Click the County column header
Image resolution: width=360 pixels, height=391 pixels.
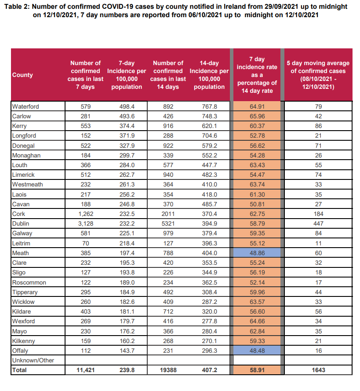click(x=22, y=75)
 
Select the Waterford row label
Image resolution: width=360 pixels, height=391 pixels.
click(x=25, y=106)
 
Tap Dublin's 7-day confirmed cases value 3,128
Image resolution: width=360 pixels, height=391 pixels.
click(x=85, y=223)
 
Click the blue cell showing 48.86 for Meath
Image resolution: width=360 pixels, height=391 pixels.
click(x=257, y=253)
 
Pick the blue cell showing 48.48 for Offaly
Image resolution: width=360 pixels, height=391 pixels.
click(x=257, y=351)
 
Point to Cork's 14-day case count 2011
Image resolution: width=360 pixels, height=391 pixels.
click(x=168, y=214)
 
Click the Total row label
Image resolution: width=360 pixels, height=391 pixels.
click(x=19, y=370)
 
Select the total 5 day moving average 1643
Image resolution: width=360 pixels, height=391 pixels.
click(x=318, y=370)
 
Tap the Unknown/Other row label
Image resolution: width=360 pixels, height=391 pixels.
click(x=33, y=360)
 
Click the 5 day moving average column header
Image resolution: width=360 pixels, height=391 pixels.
click(x=318, y=75)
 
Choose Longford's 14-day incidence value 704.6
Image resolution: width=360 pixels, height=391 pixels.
click(x=210, y=135)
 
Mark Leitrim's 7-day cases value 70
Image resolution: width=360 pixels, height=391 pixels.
click(x=85, y=243)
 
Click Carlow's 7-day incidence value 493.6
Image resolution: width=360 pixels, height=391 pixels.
click(x=127, y=116)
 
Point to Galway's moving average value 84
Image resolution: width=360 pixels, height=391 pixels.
click(x=318, y=233)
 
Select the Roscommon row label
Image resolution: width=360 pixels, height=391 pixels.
click(x=29, y=282)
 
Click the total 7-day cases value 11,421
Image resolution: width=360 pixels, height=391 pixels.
click(x=85, y=370)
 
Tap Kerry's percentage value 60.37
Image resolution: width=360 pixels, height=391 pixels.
click(x=257, y=126)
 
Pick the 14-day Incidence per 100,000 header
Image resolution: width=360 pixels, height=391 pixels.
click(x=209, y=75)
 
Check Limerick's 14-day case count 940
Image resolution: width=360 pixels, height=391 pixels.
click(x=168, y=175)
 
